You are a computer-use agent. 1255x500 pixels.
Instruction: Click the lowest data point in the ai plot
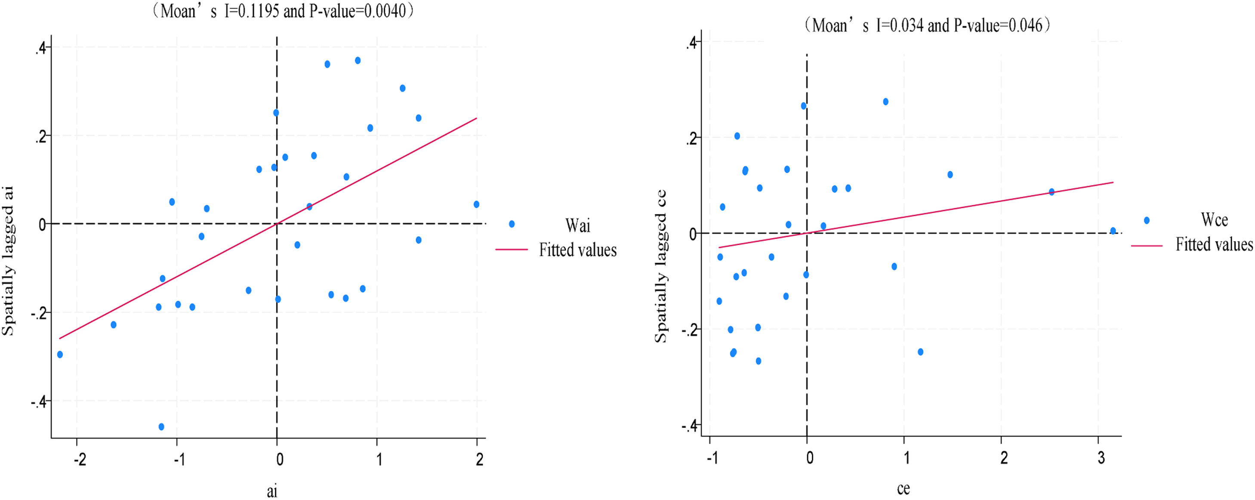point(161,426)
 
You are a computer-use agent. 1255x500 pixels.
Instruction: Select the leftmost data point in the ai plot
point(60,354)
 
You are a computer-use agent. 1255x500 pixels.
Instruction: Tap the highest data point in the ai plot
point(358,60)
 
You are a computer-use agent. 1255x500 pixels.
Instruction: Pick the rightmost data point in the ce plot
point(1113,231)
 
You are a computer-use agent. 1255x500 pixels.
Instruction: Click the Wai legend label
point(578,225)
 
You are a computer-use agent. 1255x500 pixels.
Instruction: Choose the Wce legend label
point(1214,220)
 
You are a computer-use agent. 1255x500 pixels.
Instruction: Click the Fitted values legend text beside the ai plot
point(578,250)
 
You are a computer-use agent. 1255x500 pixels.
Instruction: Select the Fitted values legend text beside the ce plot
point(1214,244)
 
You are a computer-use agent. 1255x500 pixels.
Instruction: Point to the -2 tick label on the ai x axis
point(80,459)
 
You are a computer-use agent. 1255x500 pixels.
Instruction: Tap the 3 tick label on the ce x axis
point(1101,459)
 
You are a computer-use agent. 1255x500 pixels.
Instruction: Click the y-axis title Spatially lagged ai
point(8,261)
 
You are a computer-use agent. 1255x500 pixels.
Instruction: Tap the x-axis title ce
point(903,488)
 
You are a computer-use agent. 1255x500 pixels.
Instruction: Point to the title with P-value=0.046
point(926,25)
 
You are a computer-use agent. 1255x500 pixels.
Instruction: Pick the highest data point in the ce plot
point(885,102)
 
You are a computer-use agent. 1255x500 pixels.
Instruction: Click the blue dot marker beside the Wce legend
point(1146,220)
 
